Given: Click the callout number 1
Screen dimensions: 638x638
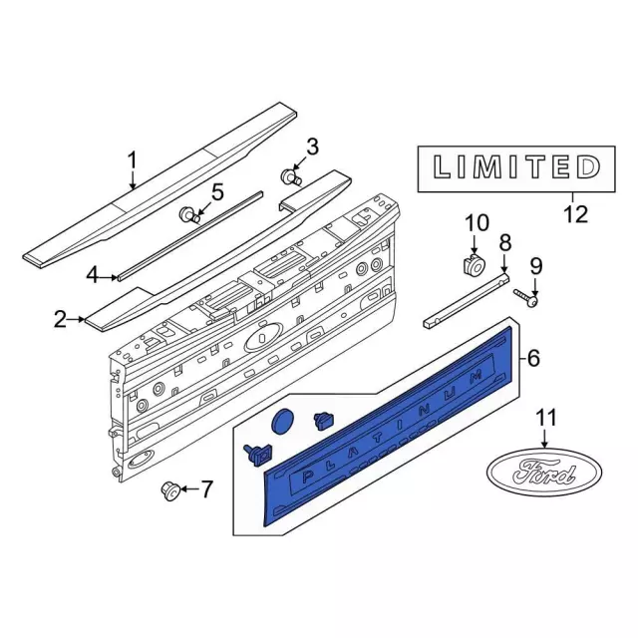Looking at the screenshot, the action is pos(133,161).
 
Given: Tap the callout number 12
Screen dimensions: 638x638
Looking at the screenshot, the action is pos(576,213).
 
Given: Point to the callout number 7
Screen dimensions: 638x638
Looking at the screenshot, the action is pos(206,488).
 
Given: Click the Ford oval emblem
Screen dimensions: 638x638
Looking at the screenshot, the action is pos(544,472).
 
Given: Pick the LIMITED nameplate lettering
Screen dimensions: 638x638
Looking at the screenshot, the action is pos(516,166).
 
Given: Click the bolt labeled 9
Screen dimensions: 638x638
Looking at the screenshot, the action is pos(527,297).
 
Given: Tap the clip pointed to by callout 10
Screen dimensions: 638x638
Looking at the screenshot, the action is pos(475,266).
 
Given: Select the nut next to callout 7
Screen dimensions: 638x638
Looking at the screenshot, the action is pos(169,490).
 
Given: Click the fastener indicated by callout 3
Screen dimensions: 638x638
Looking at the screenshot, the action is pos(291,176).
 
